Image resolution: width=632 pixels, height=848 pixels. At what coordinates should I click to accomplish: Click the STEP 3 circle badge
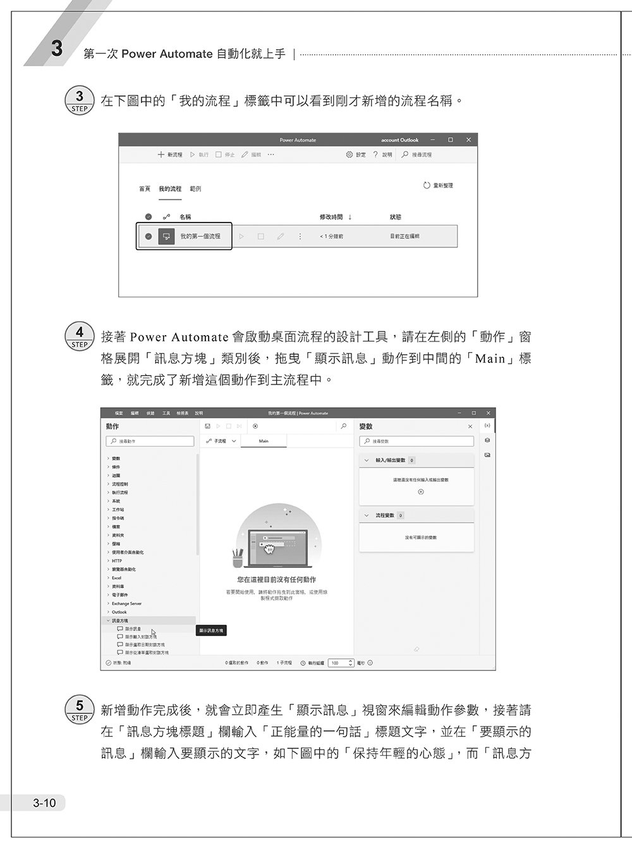coord(79,101)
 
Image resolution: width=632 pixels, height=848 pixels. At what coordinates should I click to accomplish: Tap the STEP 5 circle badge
coord(79,710)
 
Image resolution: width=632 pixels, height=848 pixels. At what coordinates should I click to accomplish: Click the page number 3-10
coord(44,803)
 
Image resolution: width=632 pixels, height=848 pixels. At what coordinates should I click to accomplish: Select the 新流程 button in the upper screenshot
coord(170,155)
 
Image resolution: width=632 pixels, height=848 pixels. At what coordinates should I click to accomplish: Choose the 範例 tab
coord(195,189)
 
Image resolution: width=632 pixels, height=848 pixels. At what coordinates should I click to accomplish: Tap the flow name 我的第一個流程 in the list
coord(200,237)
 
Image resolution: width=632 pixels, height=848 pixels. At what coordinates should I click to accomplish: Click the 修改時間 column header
coord(331,217)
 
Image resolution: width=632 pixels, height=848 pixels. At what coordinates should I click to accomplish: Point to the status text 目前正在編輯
coord(404,237)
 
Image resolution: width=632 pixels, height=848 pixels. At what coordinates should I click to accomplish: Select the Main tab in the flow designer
coord(264,441)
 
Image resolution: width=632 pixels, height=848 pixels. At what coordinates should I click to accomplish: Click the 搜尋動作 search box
coord(150,441)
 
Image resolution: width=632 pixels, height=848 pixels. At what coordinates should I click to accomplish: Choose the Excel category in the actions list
coord(117,578)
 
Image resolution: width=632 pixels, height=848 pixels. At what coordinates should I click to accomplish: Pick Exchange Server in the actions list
coord(126,604)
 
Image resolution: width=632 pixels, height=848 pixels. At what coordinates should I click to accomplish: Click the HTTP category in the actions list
coord(117,561)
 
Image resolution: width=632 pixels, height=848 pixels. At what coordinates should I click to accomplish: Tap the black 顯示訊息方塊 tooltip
coord(211,630)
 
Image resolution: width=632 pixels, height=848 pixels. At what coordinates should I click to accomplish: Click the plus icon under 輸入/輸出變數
coord(421,492)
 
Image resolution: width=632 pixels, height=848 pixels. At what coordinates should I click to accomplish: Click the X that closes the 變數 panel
coord(470,427)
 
